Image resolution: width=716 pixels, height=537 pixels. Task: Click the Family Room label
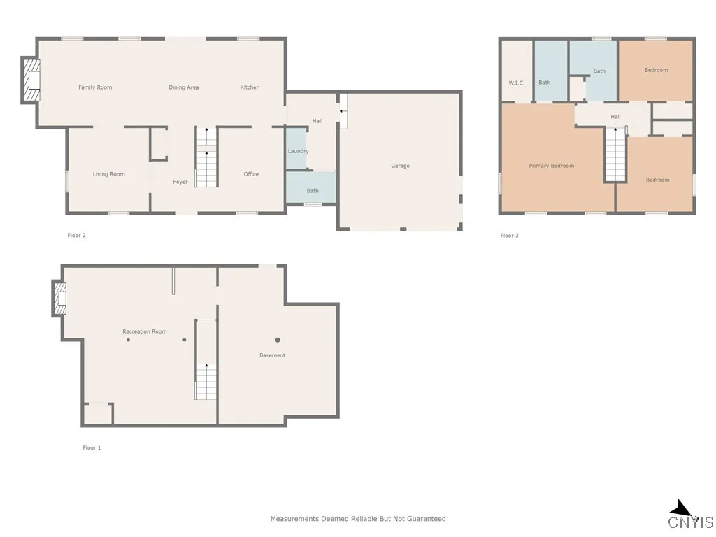(x=95, y=87)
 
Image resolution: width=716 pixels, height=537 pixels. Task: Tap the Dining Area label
(x=184, y=87)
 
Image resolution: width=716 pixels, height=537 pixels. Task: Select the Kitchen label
(x=250, y=87)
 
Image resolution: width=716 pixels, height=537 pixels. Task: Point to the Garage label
(x=400, y=166)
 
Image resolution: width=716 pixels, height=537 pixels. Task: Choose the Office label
(x=251, y=174)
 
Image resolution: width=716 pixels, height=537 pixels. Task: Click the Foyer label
(x=180, y=182)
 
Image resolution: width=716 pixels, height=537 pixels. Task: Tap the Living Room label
(x=109, y=174)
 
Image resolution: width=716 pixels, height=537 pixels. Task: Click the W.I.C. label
(x=517, y=83)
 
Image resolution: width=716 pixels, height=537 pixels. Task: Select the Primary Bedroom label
(x=552, y=166)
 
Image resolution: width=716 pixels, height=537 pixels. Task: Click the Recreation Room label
(x=145, y=331)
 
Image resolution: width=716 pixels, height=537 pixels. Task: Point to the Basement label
(x=272, y=355)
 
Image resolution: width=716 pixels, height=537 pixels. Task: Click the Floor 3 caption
(x=509, y=236)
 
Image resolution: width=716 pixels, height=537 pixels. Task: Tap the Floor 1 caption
(x=92, y=447)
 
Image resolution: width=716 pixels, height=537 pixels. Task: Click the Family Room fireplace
(x=31, y=82)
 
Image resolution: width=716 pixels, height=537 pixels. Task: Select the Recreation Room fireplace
(x=59, y=299)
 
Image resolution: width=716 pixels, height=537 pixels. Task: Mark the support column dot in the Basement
(x=278, y=340)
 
